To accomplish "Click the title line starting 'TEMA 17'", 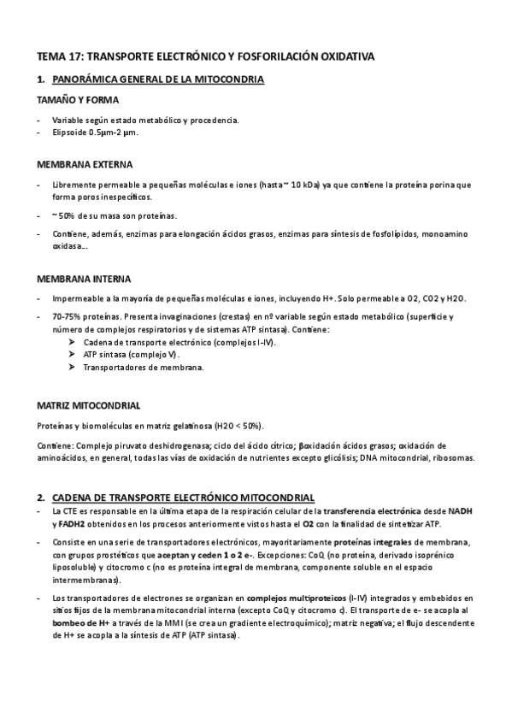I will [x=205, y=56].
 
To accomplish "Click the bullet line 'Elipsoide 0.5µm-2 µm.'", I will [x=95, y=133].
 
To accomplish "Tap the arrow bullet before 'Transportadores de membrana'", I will [x=71, y=368].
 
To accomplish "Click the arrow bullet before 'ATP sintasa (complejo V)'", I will [x=71, y=354].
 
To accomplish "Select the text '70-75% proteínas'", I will [x=84, y=317].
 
